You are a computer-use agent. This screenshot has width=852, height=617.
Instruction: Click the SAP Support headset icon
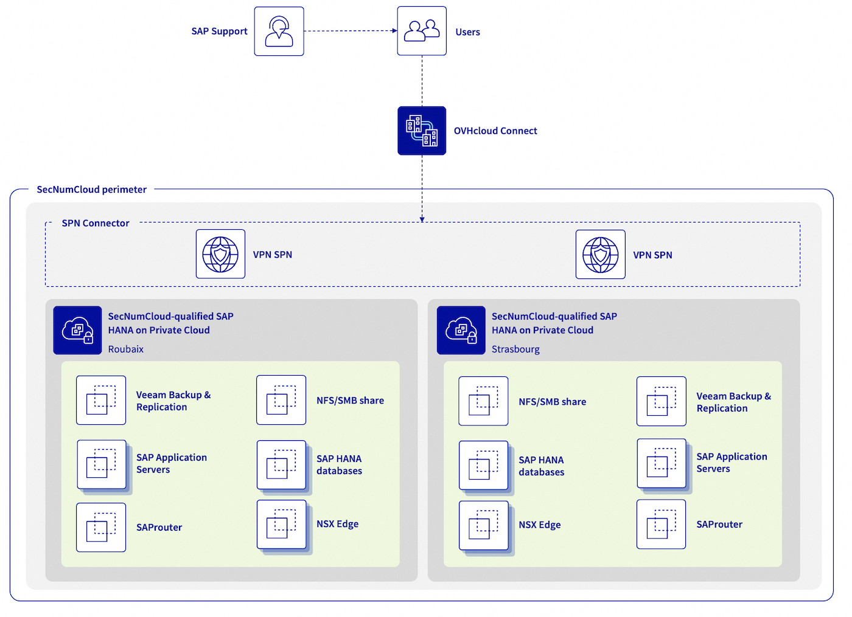click(279, 32)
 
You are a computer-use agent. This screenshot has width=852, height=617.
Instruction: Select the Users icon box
click(422, 31)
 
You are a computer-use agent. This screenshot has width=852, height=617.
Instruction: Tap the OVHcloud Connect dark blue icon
click(422, 131)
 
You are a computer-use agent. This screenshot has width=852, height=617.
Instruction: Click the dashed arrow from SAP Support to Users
click(350, 31)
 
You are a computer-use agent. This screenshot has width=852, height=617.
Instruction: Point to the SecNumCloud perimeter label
click(91, 190)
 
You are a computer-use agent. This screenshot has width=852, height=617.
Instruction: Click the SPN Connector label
click(96, 223)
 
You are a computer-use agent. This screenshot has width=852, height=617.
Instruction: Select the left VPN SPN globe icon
click(220, 254)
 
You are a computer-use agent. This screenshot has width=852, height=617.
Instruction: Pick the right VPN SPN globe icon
click(600, 255)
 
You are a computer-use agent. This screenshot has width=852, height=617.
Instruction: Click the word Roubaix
click(126, 349)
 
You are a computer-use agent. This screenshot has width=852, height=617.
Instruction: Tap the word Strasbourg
click(515, 349)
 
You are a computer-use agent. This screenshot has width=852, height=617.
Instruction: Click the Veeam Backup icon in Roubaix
click(101, 400)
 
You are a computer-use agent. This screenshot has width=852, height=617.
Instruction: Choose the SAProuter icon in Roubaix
click(101, 527)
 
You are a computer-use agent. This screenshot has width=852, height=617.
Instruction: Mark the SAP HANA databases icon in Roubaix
click(281, 465)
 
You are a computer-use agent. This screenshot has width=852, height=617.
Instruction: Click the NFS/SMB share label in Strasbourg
click(552, 402)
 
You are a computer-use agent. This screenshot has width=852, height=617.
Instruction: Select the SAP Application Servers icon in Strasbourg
click(662, 463)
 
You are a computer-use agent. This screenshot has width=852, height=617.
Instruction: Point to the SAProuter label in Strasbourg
click(719, 525)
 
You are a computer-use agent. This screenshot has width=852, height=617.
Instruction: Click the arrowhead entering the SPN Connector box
click(422, 219)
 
